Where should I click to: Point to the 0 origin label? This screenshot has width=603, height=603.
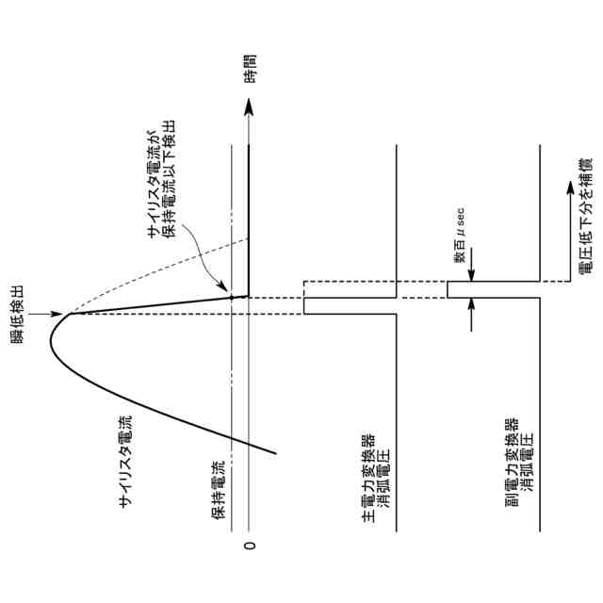(250, 546)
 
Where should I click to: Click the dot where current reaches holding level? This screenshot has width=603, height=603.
(232, 299)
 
